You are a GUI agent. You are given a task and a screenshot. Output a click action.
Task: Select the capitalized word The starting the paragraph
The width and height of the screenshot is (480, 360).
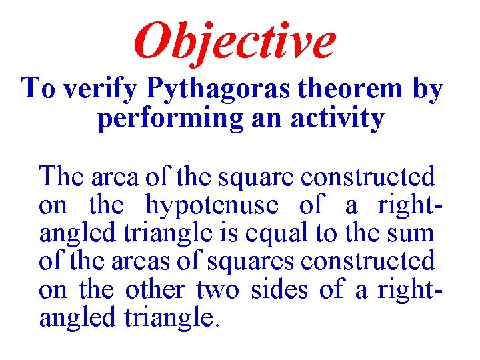pos(63,177)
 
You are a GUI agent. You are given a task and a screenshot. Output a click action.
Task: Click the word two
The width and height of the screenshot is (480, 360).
pos(213,290)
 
